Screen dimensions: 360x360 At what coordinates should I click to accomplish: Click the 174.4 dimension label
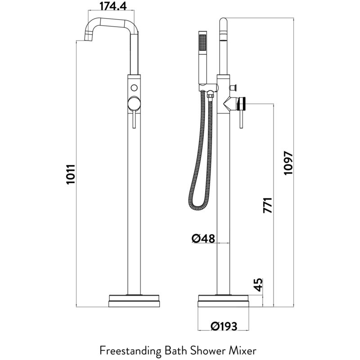point(113,6)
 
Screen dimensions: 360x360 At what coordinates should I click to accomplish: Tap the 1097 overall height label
point(288,163)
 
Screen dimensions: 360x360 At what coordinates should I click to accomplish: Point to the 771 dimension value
point(268,205)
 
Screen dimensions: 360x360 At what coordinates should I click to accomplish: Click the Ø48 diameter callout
point(203,238)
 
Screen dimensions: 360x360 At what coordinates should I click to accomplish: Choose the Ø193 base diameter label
point(224,326)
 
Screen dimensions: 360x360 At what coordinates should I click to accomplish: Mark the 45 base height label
point(259,285)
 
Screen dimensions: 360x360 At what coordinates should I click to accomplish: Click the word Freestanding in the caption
point(130,351)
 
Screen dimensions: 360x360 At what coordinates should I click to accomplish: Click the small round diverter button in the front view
point(134,88)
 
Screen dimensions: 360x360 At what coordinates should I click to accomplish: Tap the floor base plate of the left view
point(134,301)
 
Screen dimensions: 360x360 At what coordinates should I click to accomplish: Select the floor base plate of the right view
point(223,301)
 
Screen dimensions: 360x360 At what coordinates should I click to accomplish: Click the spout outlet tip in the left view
point(88,38)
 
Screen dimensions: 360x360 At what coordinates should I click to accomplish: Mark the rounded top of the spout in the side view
point(223,22)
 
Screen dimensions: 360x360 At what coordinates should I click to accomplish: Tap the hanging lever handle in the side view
point(241,118)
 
